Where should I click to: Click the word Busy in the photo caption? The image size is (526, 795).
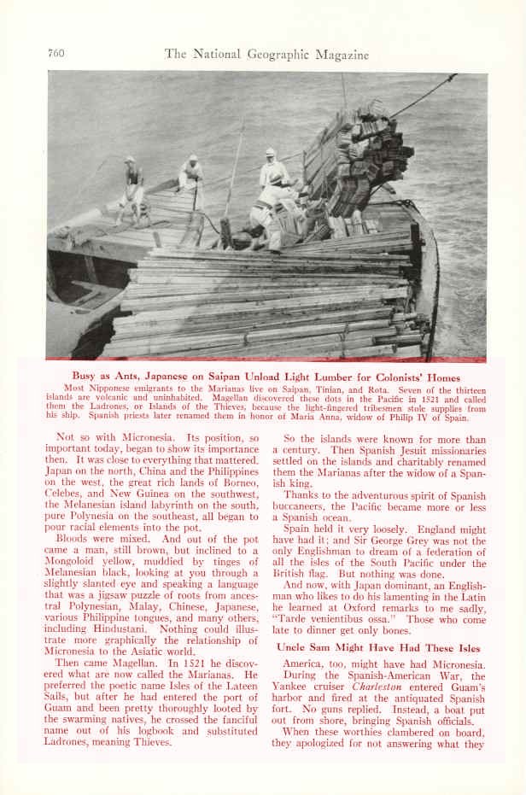tap(85, 377)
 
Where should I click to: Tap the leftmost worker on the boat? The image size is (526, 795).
tap(131, 186)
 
